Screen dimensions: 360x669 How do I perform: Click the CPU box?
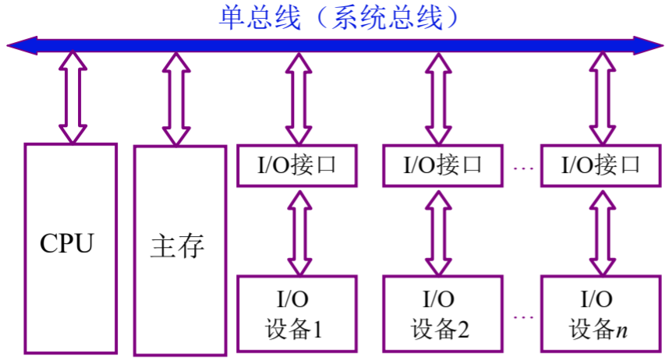click(x=70, y=245)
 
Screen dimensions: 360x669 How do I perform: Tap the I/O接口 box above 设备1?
click(x=296, y=165)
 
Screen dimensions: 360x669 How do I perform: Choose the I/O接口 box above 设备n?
click(x=601, y=165)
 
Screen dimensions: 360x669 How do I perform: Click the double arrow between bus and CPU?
click(x=73, y=97)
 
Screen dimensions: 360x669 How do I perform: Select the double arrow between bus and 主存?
click(x=175, y=97)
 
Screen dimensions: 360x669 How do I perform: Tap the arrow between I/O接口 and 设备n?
click(x=601, y=230)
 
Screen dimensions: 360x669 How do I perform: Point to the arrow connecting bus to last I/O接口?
click(x=601, y=97)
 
